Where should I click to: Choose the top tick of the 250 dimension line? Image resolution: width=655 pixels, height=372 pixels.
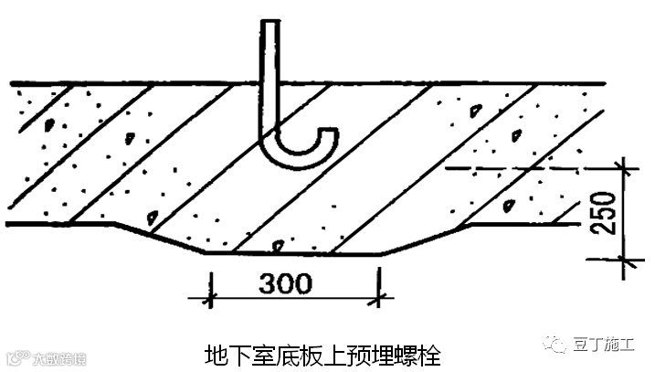(x=625, y=168)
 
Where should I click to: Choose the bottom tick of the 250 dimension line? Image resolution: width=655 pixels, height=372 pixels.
(x=625, y=262)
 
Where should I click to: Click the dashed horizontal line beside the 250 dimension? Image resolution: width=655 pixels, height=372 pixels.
(x=530, y=168)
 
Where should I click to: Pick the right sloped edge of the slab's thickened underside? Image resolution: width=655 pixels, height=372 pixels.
(x=424, y=239)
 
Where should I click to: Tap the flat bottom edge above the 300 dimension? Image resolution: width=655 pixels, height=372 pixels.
(x=292, y=254)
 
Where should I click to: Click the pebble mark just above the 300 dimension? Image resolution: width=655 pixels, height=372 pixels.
(x=275, y=245)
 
